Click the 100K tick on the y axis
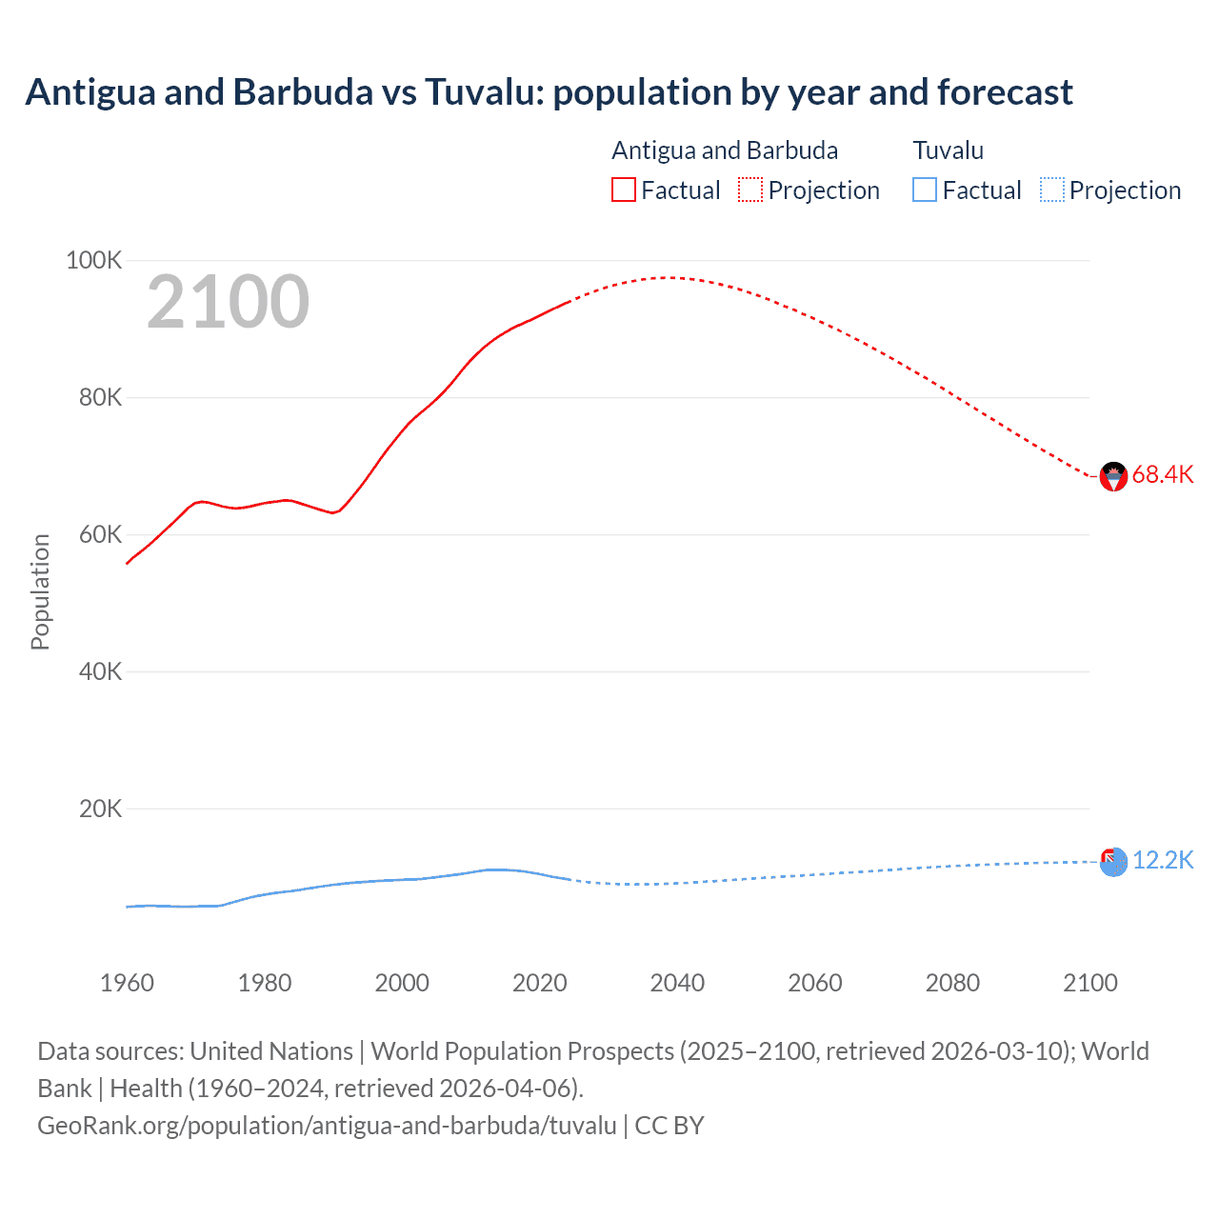pos(93,260)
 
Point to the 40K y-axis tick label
pos(100,671)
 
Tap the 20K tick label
pos(100,809)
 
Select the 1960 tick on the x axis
pos(127,983)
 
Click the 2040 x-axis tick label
pos(677,983)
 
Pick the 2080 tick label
pos(952,983)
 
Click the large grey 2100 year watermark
pos(228,302)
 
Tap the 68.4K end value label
pos(1162,474)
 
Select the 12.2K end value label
pos(1162,860)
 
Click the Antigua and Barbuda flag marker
pos(1113,476)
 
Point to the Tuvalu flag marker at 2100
pos(1113,862)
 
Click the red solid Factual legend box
pos(623,190)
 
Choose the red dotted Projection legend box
pos(750,190)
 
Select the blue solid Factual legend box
pos(924,190)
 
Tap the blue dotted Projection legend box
pos(1051,190)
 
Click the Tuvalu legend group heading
pos(948,150)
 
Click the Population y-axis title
pos(40,591)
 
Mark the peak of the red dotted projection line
pos(670,277)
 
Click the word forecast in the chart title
pos(1005,92)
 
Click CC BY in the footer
pos(669,1125)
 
